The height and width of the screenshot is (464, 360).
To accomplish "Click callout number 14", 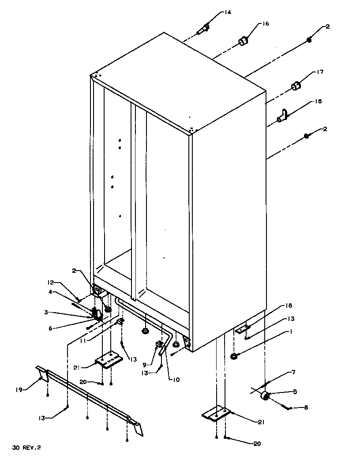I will (227, 12).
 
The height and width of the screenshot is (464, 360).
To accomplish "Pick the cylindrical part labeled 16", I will (243, 41).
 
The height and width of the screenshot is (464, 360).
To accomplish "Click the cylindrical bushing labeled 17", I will (296, 86).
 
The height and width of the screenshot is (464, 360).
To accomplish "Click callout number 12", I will (51, 283).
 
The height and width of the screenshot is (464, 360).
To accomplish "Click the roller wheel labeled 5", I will (265, 396).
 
